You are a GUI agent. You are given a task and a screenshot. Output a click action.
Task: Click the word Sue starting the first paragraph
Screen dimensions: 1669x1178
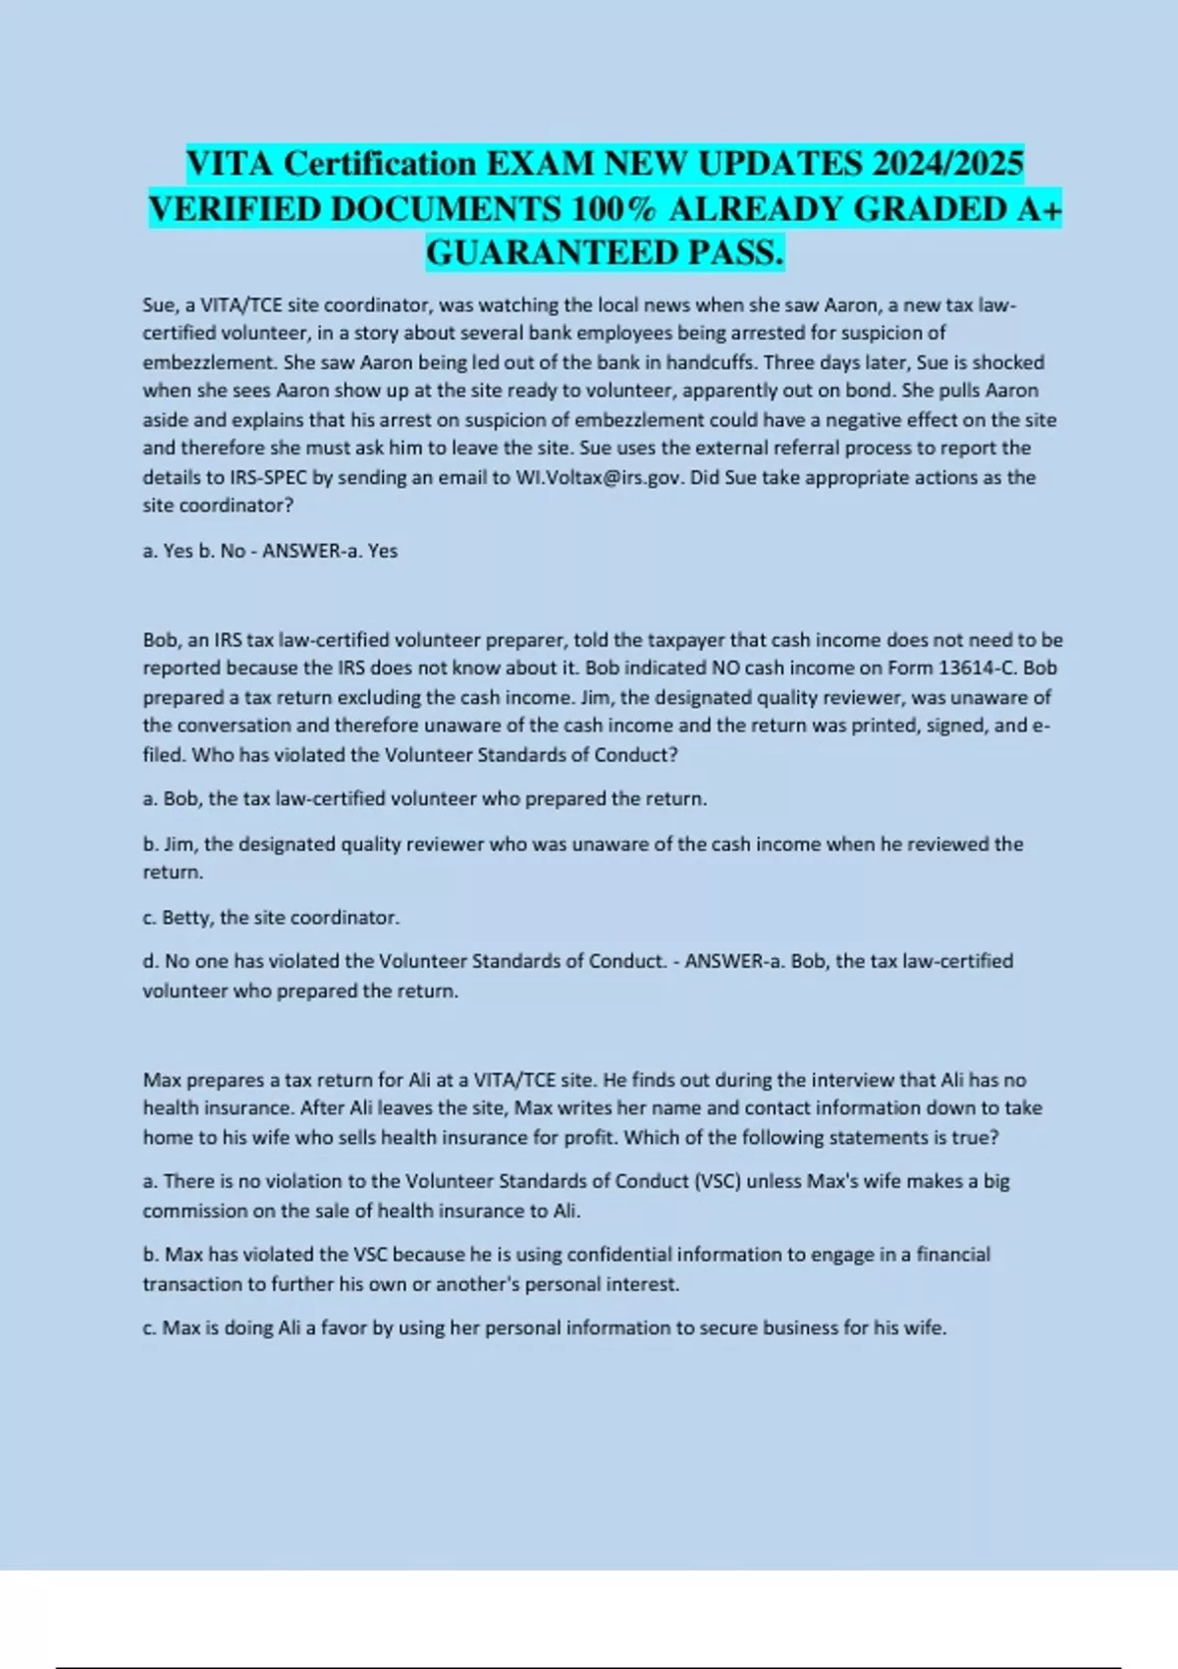tap(158, 305)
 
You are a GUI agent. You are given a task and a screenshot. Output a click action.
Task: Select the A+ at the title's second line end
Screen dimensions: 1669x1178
tap(1039, 209)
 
